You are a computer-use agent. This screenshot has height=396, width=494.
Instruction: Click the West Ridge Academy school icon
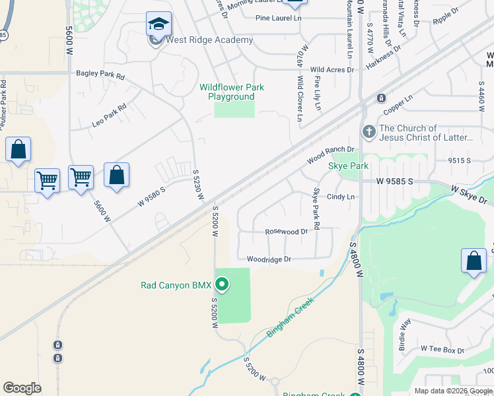159,24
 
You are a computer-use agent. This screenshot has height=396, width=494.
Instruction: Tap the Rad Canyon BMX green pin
223,285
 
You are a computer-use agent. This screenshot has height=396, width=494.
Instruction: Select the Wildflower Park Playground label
231,92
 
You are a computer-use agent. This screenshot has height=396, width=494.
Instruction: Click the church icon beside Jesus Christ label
369,132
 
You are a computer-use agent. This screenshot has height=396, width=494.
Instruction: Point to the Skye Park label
348,166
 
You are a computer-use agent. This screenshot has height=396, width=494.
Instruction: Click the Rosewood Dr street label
286,232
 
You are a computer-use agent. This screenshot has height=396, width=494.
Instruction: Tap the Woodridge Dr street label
269,259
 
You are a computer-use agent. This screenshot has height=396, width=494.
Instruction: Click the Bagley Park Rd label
100,76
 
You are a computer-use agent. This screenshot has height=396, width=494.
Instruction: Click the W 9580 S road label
151,196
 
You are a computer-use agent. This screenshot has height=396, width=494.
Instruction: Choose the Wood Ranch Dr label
331,156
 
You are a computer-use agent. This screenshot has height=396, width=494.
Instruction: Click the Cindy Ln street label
341,197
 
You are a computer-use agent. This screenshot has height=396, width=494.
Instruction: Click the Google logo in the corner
22,387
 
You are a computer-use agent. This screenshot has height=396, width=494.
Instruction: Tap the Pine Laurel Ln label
283,18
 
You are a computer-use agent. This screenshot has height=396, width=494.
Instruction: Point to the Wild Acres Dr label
332,69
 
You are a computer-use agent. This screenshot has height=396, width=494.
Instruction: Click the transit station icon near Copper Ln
381,98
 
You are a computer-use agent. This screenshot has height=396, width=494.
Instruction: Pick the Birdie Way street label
404,333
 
